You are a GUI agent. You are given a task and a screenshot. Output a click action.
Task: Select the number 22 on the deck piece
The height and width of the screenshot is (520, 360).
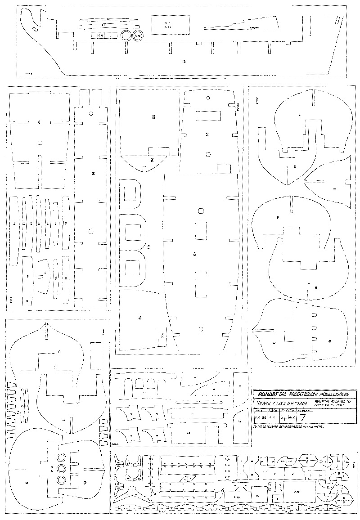pos(153,117)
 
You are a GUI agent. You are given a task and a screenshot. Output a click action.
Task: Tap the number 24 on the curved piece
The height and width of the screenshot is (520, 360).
pos(152,160)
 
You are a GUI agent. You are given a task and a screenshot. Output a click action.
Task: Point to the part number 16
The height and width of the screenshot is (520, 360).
pos(92,173)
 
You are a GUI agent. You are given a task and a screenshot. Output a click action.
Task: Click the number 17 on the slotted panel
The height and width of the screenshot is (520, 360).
pos(39,122)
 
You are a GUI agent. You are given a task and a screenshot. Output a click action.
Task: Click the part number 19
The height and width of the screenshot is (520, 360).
pos(140,318)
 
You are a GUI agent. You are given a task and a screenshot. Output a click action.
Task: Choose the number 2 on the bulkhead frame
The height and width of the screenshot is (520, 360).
pos(294,167)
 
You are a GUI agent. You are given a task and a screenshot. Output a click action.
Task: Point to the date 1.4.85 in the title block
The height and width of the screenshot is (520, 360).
pos(260,417)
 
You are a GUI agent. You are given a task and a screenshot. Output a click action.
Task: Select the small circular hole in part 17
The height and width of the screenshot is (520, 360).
pos(40,143)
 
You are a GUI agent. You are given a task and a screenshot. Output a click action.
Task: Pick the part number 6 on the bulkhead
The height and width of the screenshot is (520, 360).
pos(59,352)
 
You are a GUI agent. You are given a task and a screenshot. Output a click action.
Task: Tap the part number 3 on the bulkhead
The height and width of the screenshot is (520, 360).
pos(64,420)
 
